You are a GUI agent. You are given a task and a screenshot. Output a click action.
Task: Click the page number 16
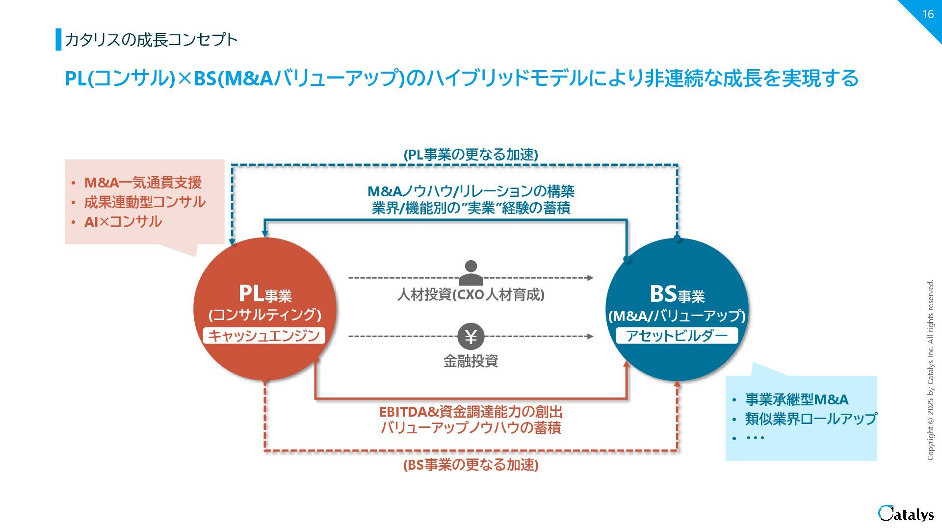[x=927, y=14]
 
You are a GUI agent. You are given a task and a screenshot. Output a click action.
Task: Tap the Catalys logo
[x=905, y=513]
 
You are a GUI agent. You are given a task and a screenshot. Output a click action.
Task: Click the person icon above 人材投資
[x=471, y=273]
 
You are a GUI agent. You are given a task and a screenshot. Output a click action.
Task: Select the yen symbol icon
[x=471, y=337]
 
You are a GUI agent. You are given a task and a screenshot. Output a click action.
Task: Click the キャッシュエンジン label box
[x=264, y=336]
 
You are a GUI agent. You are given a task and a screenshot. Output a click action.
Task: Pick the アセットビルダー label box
[x=677, y=336]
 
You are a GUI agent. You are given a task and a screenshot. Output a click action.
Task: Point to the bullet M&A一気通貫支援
[x=143, y=183]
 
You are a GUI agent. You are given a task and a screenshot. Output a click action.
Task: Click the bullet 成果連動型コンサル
[x=145, y=202]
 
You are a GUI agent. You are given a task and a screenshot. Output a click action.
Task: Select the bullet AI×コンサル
[x=123, y=222]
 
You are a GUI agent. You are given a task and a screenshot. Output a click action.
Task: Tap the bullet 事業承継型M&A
[x=797, y=399]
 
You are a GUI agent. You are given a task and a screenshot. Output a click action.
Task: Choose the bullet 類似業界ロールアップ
[x=811, y=419]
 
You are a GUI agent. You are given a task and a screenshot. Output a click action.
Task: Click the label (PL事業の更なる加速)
[x=471, y=155]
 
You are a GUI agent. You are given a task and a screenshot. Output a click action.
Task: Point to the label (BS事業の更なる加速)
[x=471, y=465]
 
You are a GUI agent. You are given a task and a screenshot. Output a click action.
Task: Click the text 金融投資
[x=471, y=361]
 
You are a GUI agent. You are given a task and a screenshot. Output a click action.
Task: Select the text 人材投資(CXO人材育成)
[x=471, y=295]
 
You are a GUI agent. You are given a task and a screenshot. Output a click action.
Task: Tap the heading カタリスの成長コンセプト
[x=151, y=40]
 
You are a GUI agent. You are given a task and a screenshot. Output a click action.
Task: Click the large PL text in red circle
[x=251, y=293]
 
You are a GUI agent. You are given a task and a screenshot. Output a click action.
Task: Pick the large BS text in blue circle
[x=663, y=294]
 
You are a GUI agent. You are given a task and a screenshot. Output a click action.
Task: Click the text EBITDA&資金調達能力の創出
[x=471, y=411]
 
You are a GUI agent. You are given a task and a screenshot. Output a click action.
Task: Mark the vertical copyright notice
[x=930, y=370]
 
